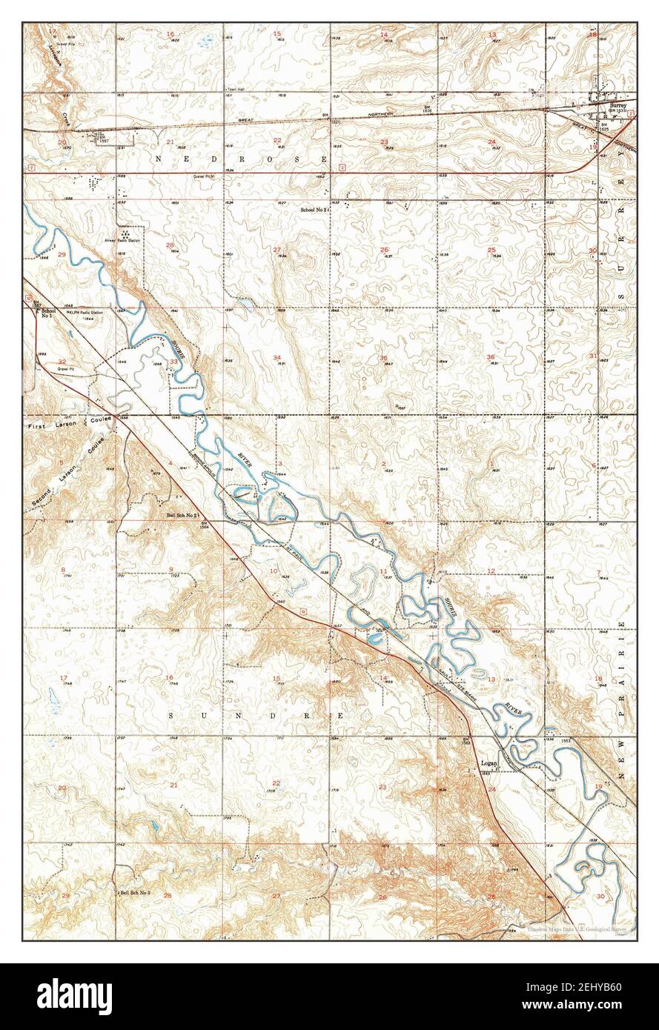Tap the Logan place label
click(x=488, y=762)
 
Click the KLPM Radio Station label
click(x=86, y=313)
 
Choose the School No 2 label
click(x=314, y=210)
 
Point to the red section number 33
click(x=173, y=362)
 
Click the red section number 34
click(x=276, y=358)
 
